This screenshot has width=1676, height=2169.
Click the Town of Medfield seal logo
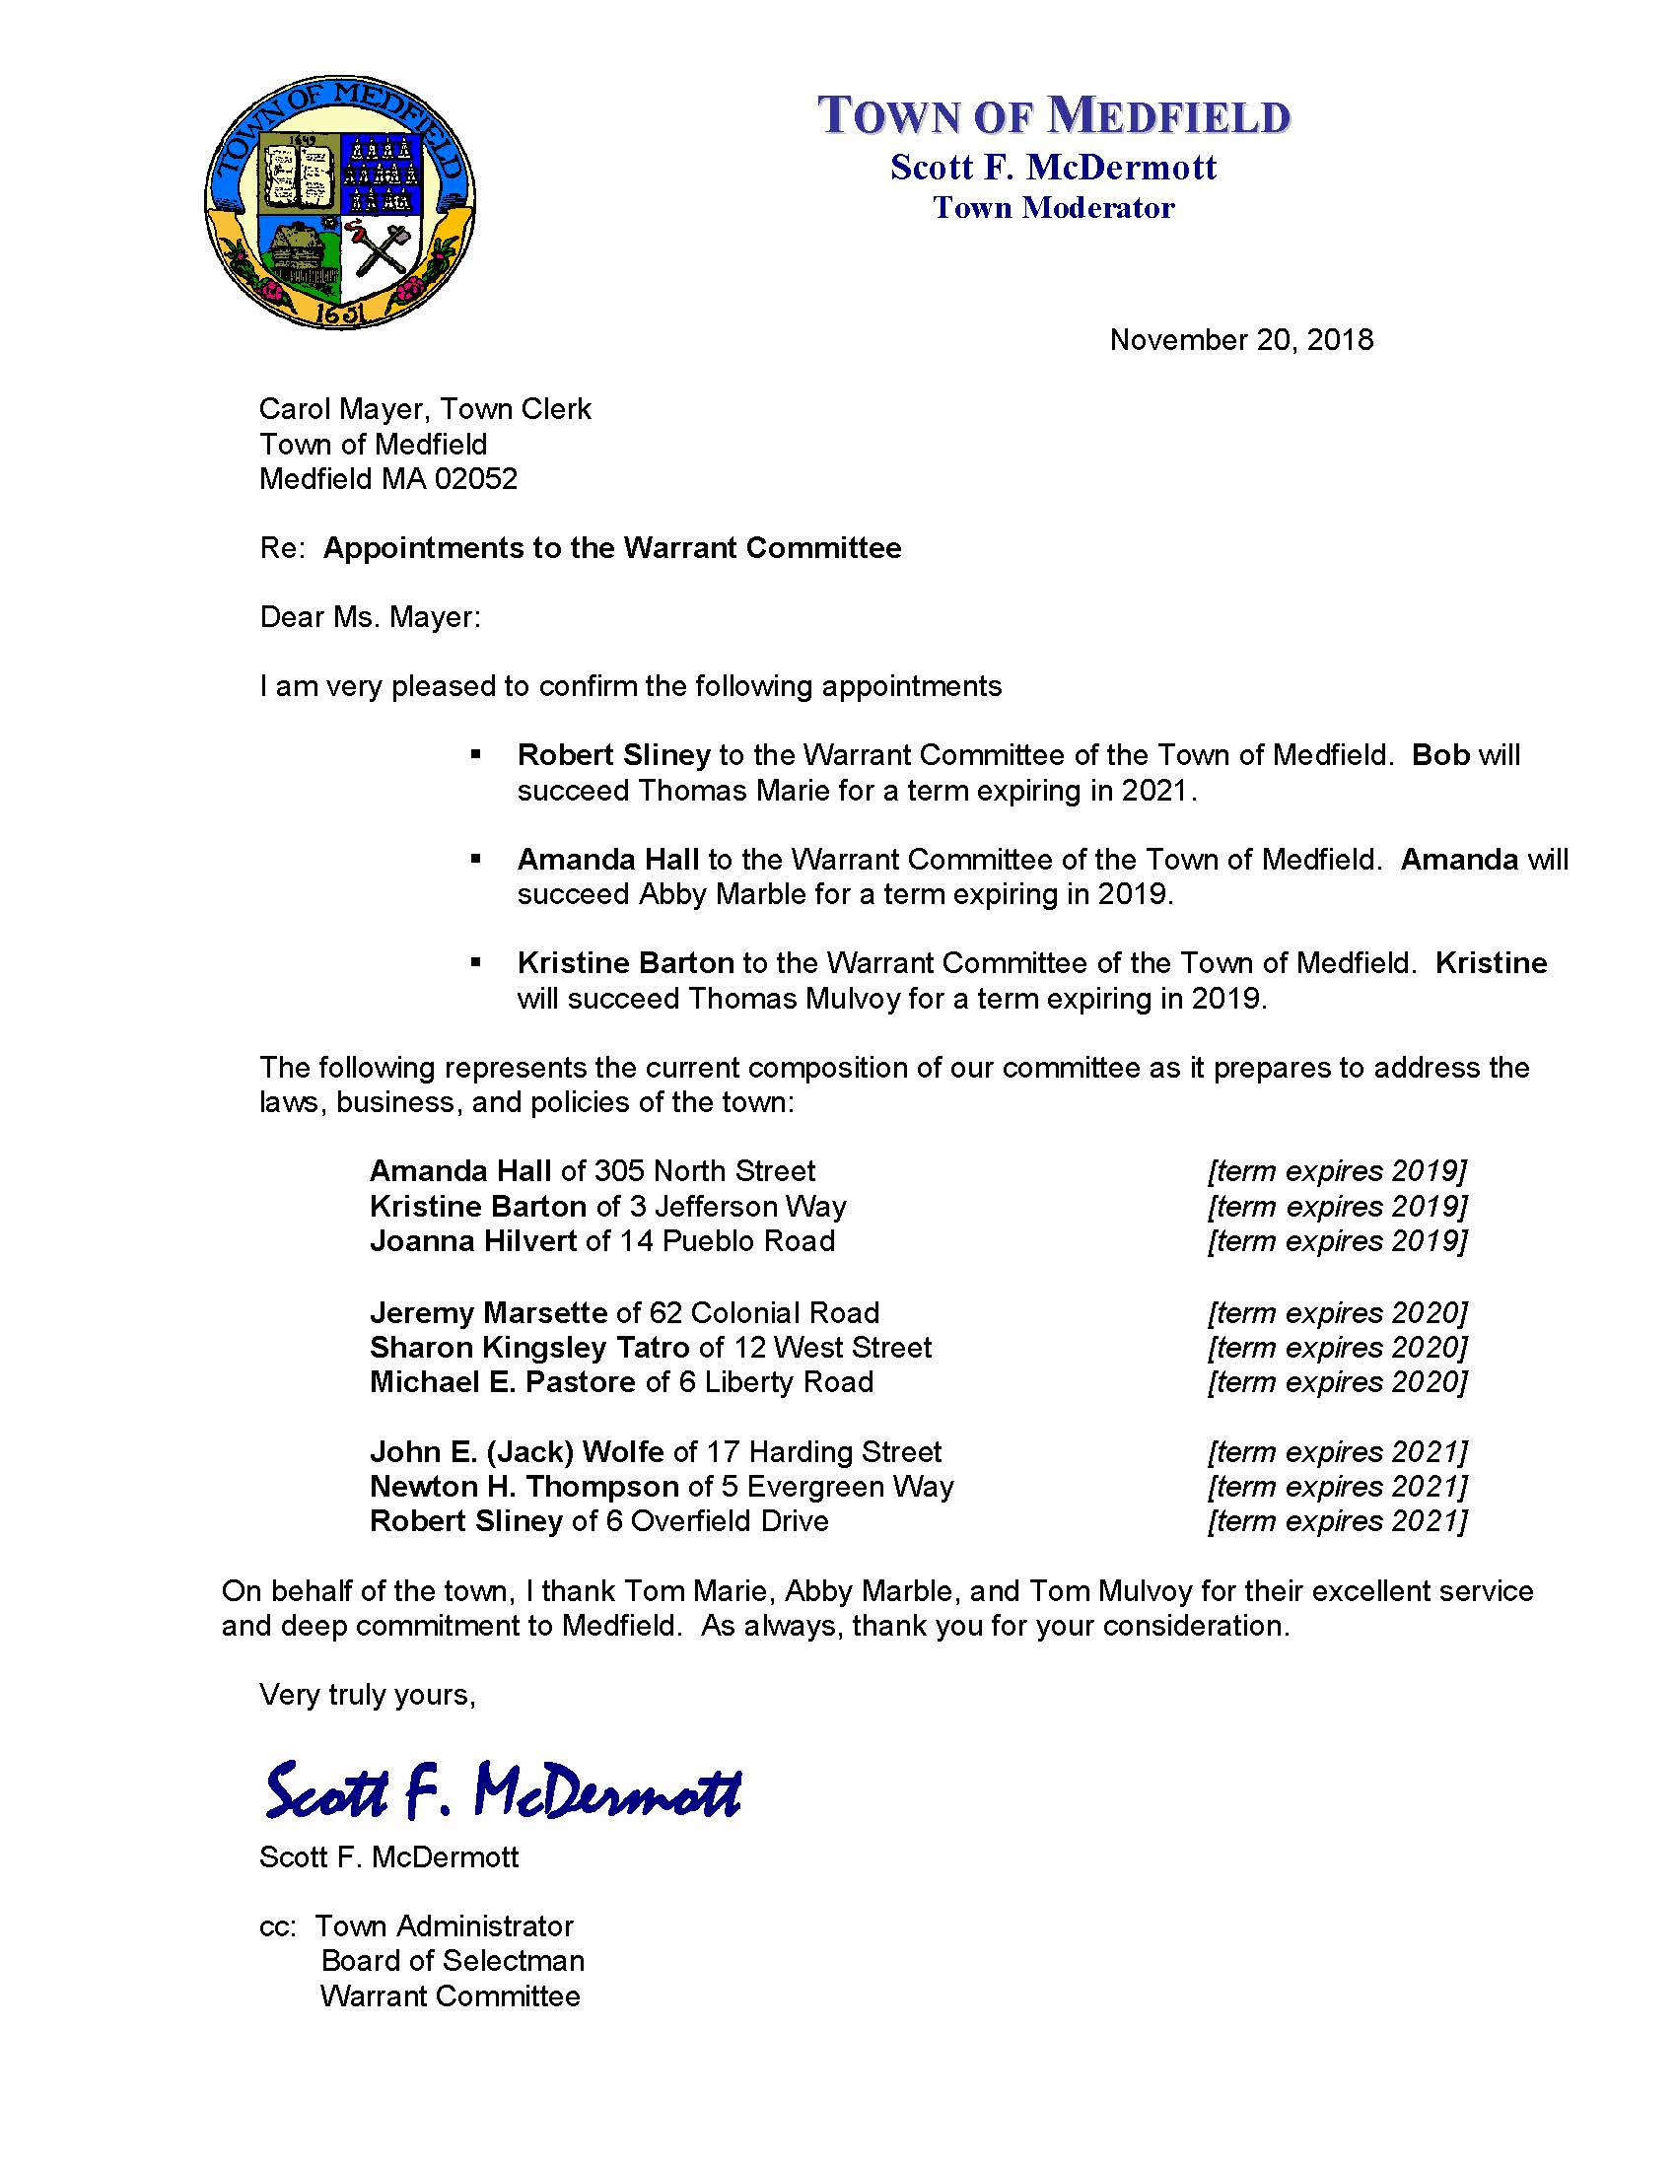[339, 200]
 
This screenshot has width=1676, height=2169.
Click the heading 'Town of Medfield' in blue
[1054, 115]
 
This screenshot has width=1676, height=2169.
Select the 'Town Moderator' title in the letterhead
[1054, 208]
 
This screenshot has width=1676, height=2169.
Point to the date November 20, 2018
[1241, 340]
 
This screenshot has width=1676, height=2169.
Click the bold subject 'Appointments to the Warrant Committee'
[611, 548]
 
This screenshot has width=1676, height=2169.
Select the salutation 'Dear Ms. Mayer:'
[371, 617]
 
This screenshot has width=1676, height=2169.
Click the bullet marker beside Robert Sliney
[476, 756]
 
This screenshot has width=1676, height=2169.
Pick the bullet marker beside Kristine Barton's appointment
[476, 962]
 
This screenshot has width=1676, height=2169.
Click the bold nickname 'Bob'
[1439, 755]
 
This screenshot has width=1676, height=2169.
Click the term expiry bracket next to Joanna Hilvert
[1337, 1241]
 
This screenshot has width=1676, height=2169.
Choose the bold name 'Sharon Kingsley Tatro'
[529, 1348]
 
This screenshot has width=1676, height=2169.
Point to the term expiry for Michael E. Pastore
[1337, 1382]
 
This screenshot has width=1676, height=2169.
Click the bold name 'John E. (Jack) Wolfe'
[517, 1452]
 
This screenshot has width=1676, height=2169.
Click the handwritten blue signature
[503, 1788]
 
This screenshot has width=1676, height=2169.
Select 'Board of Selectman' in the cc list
[453, 1960]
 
